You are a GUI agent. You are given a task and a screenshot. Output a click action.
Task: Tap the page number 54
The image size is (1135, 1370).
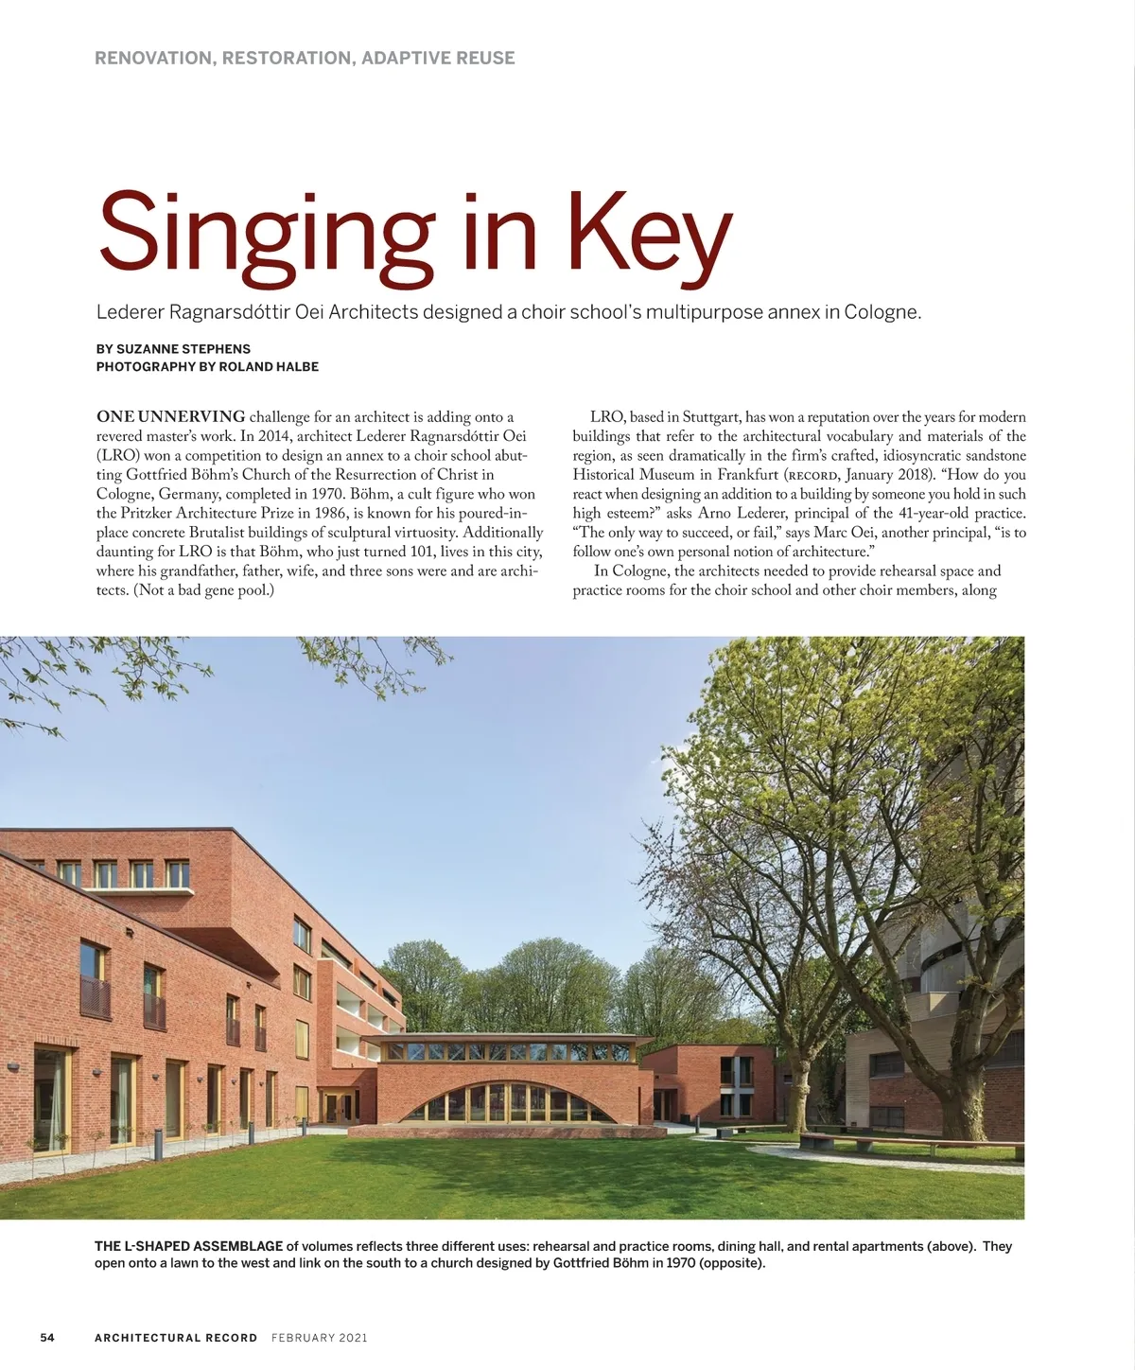point(47,1337)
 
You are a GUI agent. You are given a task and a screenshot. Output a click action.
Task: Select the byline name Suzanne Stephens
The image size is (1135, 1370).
point(183,348)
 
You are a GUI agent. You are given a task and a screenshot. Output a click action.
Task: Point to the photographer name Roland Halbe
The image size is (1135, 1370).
point(269,366)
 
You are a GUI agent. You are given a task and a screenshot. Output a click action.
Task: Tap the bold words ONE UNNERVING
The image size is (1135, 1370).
point(171,416)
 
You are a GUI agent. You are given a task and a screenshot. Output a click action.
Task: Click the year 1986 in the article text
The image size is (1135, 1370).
point(328,513)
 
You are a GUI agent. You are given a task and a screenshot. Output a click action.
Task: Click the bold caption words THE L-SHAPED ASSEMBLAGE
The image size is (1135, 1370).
point(188,1246)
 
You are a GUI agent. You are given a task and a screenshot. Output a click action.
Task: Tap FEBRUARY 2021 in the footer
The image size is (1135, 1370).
point(319,1337)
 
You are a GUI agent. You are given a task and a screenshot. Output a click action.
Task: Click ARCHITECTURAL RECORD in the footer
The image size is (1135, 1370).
point(176,1337)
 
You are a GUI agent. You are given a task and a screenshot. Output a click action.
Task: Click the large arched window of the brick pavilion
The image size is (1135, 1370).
point(507,1103)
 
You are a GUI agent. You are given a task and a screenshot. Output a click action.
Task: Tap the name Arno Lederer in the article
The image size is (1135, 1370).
point(742,513)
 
